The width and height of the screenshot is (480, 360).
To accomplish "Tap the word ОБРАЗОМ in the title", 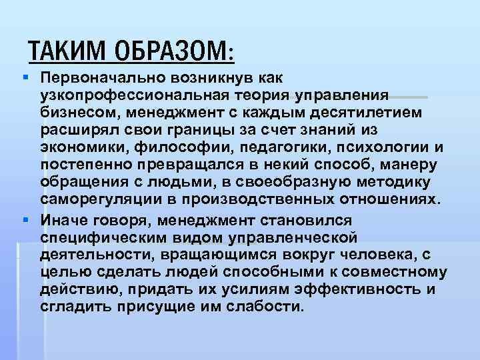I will pos(173,49).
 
